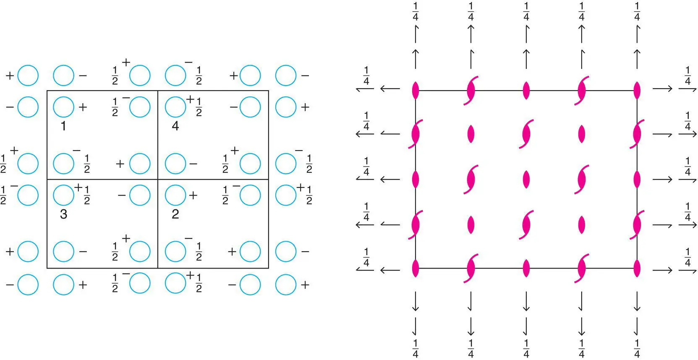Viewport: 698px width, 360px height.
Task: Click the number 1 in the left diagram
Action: click(63, 126)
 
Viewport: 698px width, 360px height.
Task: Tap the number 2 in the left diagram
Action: click(175, 214)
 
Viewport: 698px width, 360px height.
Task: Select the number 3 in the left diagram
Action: click(63, 214)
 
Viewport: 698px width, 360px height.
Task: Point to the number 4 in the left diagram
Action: click(175, 126)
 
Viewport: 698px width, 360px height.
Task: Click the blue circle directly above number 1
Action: click(63, 107)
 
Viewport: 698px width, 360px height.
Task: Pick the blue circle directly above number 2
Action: click(175, 195)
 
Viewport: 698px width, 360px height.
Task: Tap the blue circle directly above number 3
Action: click(63, 195)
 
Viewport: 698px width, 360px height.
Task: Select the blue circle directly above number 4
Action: click(175, 107)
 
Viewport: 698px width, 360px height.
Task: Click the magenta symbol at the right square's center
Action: click(526, 180)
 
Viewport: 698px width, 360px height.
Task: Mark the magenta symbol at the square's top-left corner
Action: click(416, 90)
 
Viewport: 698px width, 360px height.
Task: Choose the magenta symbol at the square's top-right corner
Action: click(637, 90)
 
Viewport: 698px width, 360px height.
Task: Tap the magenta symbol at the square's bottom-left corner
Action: click(416, 269)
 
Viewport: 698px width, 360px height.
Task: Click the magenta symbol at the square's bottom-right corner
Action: click(637, 269)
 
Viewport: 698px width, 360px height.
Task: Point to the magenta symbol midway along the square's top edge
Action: click(526, 90)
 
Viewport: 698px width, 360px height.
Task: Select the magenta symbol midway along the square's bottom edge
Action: click(526, 269)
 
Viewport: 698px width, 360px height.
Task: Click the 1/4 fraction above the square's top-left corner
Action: click(416, 11)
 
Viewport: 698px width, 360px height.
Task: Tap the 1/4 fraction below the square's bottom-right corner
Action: click(637, 348)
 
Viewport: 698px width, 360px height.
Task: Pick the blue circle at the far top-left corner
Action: click(28, 76)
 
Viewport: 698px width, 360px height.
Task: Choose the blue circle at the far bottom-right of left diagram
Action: click(286, 284)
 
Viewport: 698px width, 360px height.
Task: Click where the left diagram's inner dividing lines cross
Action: click(158, 180)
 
